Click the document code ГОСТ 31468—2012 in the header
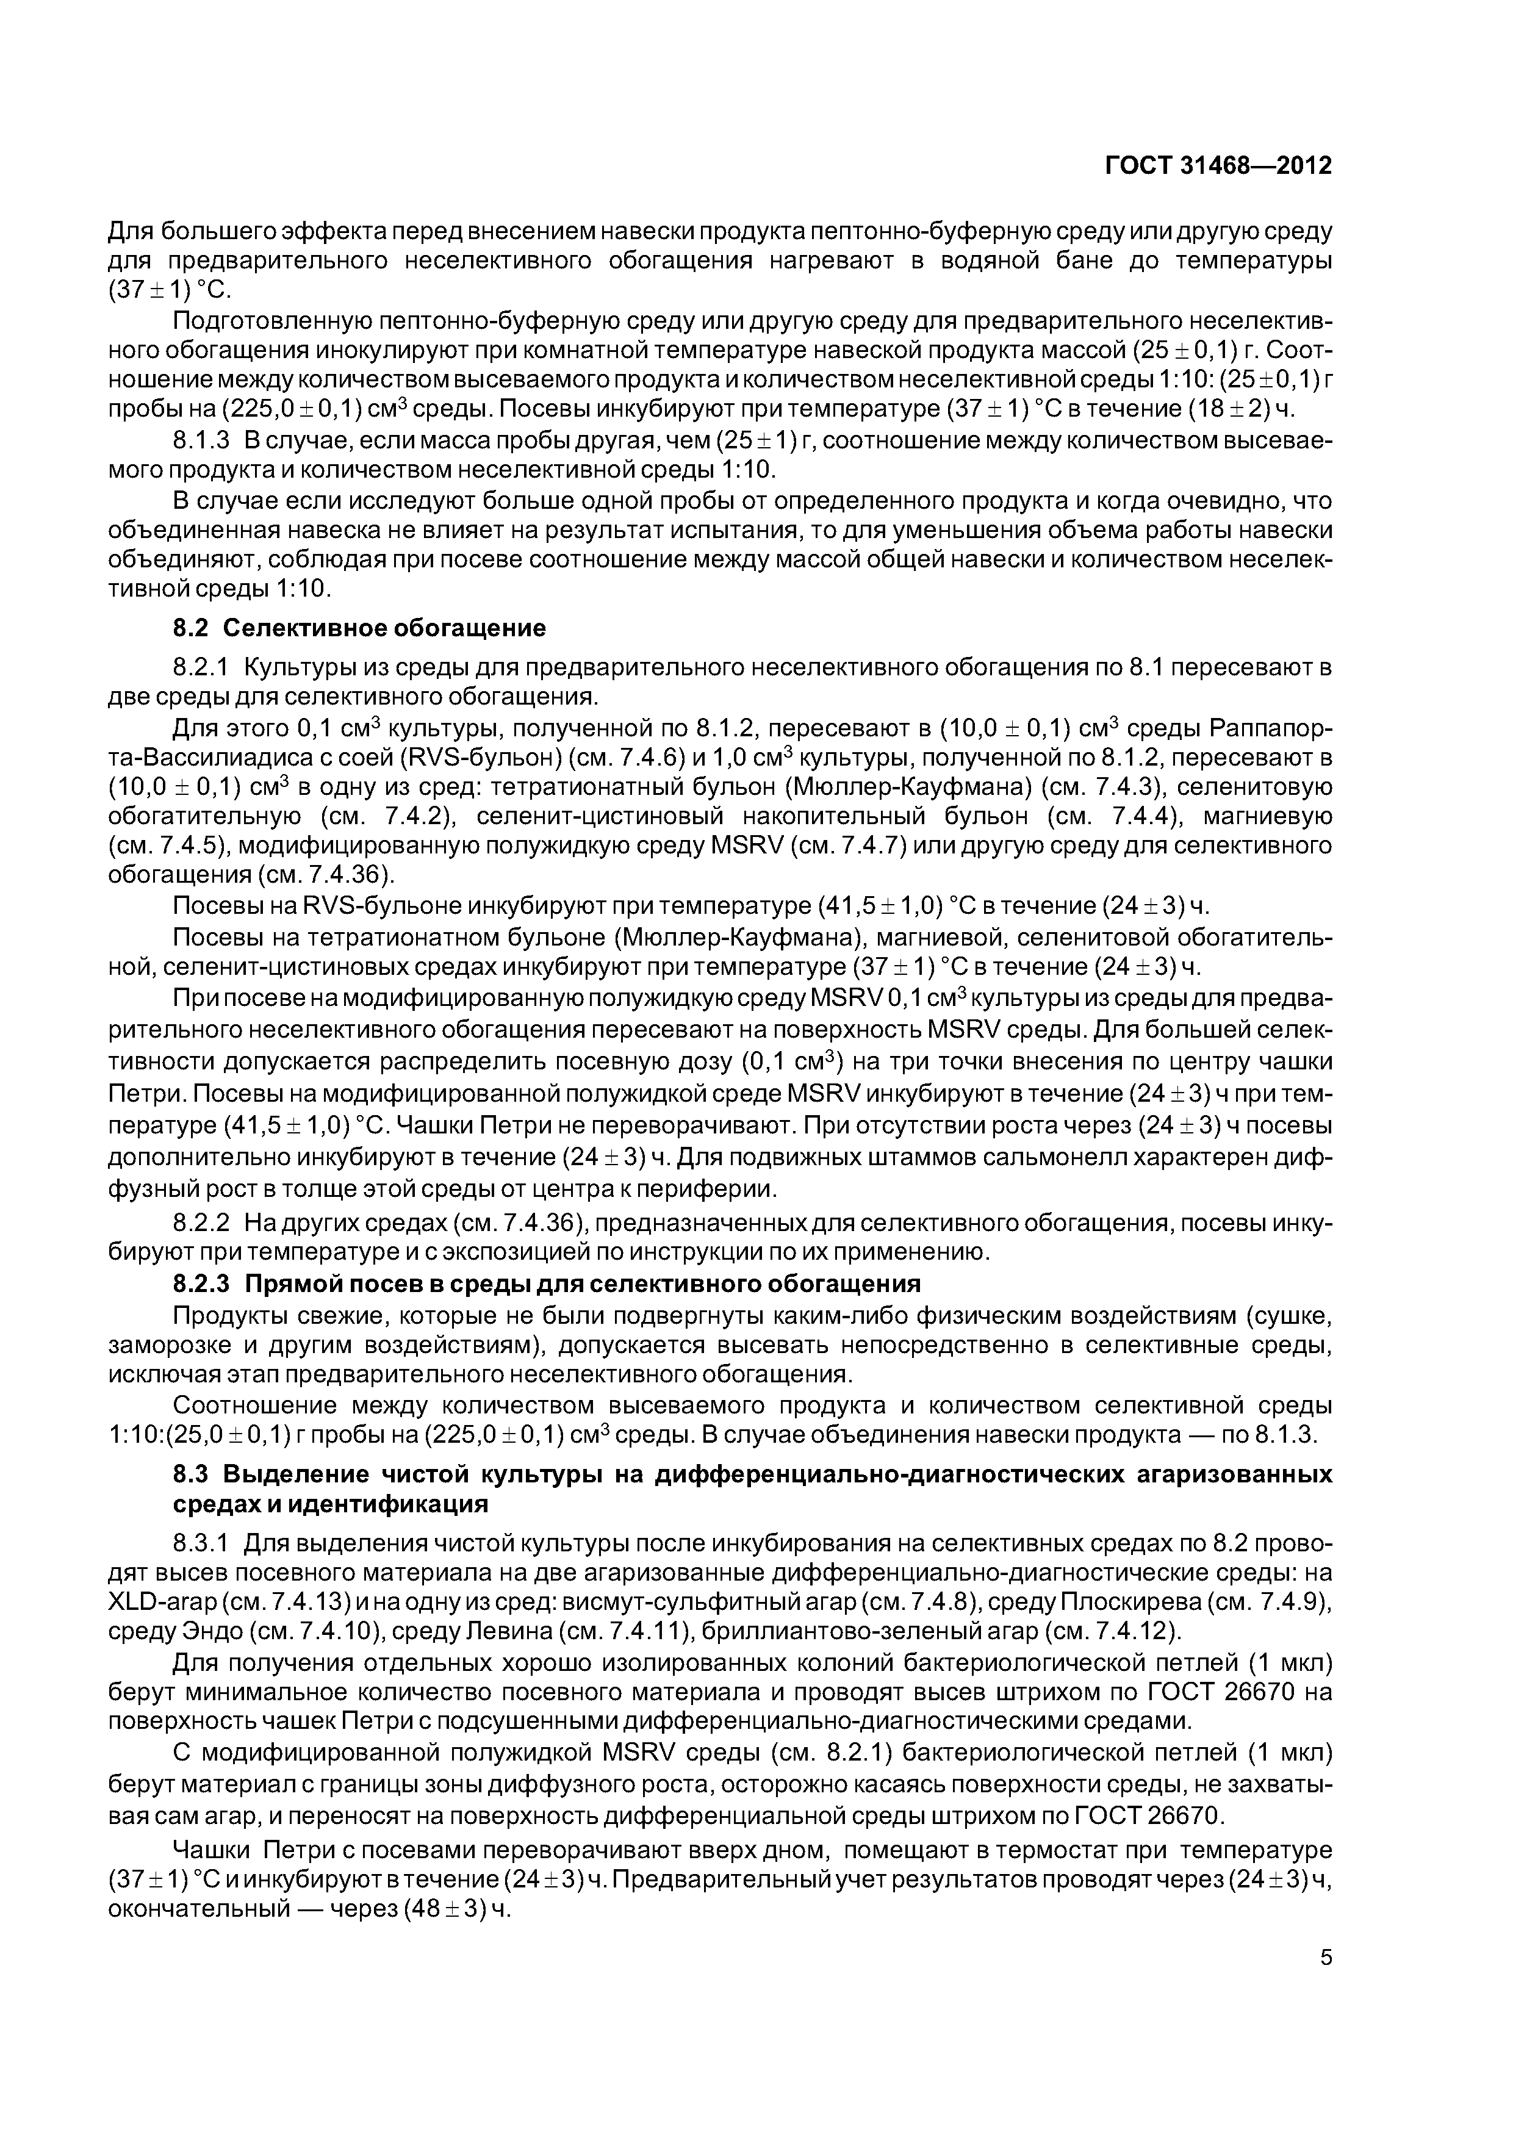(1218, 166)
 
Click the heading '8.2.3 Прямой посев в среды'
(547, 1284)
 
